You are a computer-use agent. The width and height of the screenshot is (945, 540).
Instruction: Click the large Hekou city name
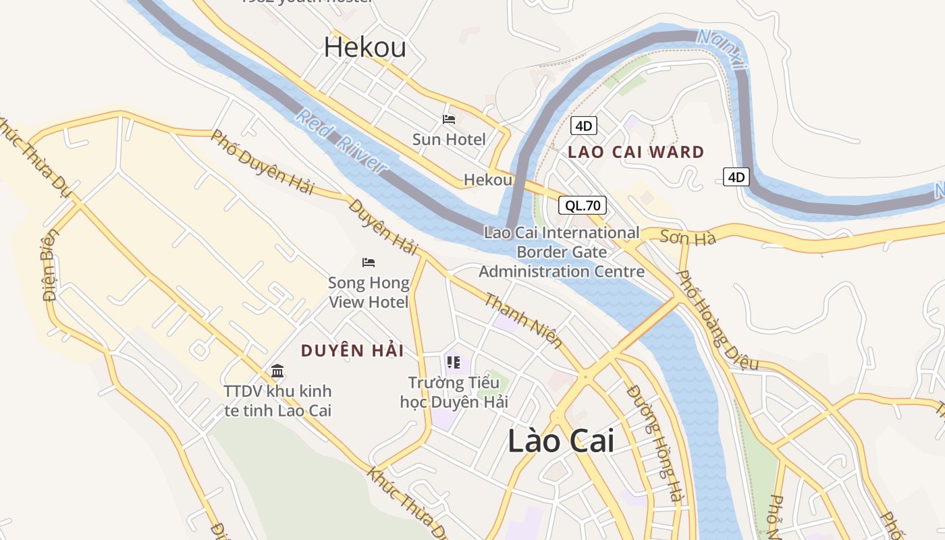coord(364,48)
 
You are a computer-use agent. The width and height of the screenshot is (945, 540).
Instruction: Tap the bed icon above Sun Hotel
coord(449,119)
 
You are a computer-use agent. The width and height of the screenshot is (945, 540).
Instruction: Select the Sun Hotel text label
coord(449,140)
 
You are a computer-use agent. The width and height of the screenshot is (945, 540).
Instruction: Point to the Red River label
coord(342,142)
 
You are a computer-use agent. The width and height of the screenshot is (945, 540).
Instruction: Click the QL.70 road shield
coord(582,206)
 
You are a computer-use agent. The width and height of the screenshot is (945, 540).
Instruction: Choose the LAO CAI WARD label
coord(636,152)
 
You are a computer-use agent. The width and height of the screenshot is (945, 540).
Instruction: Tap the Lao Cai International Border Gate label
coord(562,252)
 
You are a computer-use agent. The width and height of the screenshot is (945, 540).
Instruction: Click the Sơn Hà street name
coord(687,237)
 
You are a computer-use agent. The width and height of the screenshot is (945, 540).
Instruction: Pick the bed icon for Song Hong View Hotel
coord(369,262)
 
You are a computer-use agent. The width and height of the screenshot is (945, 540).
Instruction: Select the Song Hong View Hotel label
coord(369,292)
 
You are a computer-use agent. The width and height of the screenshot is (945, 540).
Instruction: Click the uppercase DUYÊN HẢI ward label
coord(352,351)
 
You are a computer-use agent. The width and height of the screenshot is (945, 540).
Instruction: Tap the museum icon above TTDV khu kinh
coord(277,371)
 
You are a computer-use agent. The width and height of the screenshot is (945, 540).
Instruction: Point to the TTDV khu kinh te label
coord(277,400)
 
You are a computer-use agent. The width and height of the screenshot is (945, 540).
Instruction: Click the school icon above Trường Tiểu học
coord(454,362)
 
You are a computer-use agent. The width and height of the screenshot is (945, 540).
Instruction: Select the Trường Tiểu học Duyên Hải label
coord(454,392)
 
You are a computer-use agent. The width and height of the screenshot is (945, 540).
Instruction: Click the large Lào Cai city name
coord(561,441)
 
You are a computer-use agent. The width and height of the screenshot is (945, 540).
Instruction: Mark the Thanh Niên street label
coord(522,321)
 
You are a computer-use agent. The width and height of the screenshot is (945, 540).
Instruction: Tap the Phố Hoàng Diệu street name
coord(718,321)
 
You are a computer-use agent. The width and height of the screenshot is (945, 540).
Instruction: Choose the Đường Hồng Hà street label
coord(653,443)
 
